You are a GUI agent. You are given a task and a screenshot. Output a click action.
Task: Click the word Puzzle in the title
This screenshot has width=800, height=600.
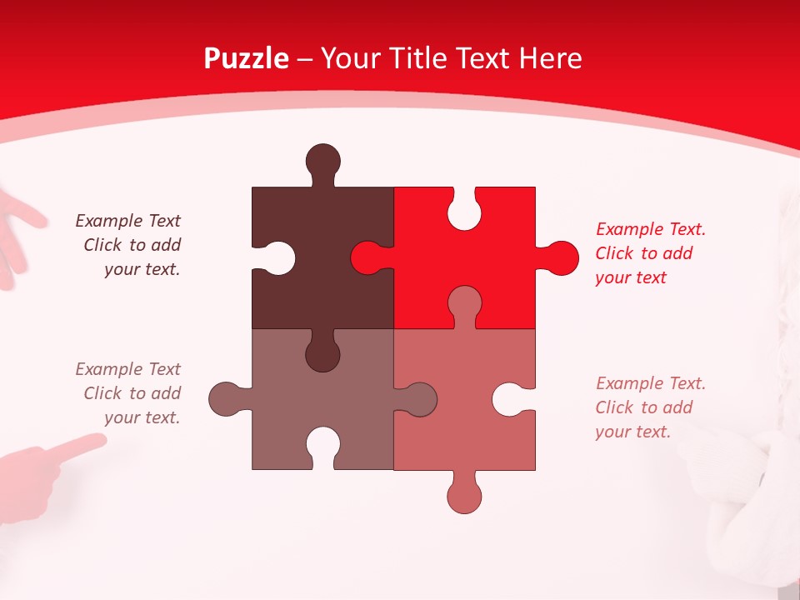click(246, 58)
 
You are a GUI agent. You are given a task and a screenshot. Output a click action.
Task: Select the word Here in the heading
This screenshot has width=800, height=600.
click(549, 58)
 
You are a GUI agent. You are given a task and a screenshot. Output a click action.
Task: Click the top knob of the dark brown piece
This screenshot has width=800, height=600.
click(322, 160)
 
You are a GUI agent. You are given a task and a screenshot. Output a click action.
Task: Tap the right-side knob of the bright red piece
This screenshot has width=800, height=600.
click(562, 258)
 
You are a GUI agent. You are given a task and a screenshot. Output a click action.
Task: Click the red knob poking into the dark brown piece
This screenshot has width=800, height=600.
click(367, 258)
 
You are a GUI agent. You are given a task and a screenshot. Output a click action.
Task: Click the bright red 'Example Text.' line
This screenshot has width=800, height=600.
click(650, 229)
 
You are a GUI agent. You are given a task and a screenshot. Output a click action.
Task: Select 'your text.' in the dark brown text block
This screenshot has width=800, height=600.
click(142, 269)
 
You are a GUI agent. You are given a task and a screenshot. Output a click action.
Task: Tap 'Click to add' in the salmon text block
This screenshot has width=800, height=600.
click(643, 407)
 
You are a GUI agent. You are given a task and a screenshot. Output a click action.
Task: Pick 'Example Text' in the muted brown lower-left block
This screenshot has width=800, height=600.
click(127, 368)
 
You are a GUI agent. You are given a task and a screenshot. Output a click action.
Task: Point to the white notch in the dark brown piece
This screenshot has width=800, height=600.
click(278, 258)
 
